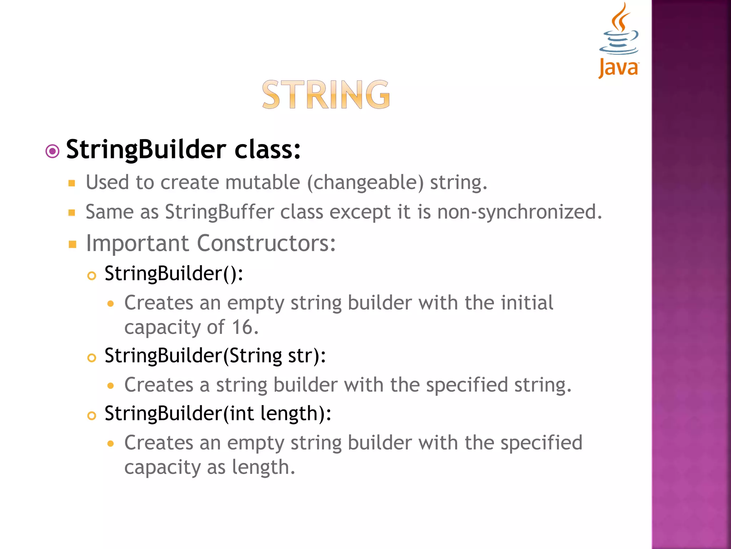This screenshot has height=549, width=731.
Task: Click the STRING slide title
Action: tap(326, 95)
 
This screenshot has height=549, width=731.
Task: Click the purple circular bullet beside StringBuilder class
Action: tap(52, 151)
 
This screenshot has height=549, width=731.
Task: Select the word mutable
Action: tap(262, 182)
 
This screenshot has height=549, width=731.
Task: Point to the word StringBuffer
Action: tap(219, 212)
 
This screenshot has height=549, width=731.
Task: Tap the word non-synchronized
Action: tap(519, 212)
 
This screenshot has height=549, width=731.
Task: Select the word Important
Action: tap(137, 243)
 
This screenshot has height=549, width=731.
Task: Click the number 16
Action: tap(245, 327)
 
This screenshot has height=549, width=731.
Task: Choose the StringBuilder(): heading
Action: tap(174, 274)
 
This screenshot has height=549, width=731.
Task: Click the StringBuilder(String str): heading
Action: tap(215, 356)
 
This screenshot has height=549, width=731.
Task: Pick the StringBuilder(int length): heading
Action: tap(218, 414)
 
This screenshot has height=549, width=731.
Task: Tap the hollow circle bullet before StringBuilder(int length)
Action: tap(92, 416)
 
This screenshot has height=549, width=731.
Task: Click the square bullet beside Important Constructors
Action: tap(72, 244)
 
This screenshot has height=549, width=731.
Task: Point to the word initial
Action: tap(527, 303)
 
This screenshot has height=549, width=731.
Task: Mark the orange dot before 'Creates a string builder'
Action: tap(111, 386)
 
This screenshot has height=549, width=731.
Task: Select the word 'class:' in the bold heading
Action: tap(267, 149)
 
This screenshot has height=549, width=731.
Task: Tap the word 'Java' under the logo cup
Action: tap(619, 68)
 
